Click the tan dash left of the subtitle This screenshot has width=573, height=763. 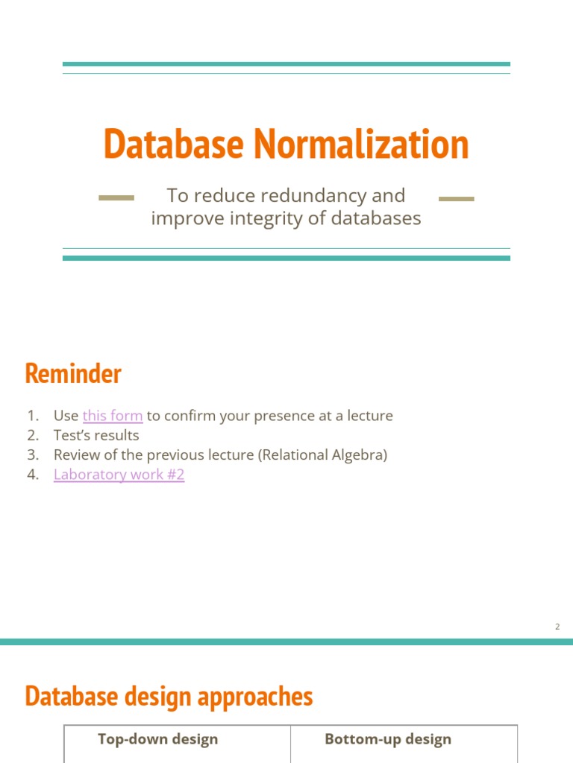click(x=116, y=198)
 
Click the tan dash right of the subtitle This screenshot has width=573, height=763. click(x=457, y=199)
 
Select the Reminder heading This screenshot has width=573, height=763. click(x=73, y=373)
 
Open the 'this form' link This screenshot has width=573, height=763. click(x=113, y=416)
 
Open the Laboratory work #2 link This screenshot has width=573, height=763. click(x=119, y=475)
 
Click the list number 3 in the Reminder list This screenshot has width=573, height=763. click(x=32, y=455)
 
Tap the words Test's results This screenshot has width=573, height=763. click(x=96, y=435)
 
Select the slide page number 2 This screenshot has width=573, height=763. click(x=557, y=627)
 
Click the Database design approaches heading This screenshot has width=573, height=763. click(x=169, y=696)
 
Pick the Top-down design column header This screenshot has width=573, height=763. click(x=158, y=739)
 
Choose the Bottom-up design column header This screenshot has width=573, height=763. click(x=388, y=739)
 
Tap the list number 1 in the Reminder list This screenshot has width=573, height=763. click(x=32, y=416)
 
